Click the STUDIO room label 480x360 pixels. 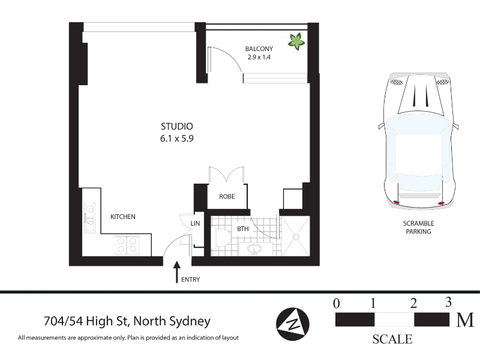pyautogui.click(x=177, y=126)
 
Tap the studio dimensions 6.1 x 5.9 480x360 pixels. pyautogui.click(x=177, y=139)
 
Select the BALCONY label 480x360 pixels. pyautogui.click(x=259, y=49)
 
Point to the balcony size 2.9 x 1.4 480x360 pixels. pyautogui.click(x=259, y=57)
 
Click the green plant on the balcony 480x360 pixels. pyautogui.click(x=296, y=41)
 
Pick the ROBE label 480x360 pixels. pyautogui.click(x=227, y=197)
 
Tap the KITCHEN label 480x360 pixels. pyautogui.click(x=123, y=217)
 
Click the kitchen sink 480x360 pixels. pyautogui.click(x=89, y=218)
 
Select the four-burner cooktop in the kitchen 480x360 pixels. pyautogui.click(x=127, y=245)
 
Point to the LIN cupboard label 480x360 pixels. pyautogui.click(x=195, y=223)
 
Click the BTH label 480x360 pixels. pyautogui.click(x=243, y=229)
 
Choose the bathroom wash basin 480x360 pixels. pyautogui.click(x=254, y=249)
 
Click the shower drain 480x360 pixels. pyautogui.click(x=296, y=237)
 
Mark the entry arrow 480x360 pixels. pyautogui.click(x=176, y=272)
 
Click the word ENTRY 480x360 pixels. pyautogui.click(x=190, y=280)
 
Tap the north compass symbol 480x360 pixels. pyautogui.click(x=293, y=324)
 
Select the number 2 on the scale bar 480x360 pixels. pyautogui.click(x=413, y=304)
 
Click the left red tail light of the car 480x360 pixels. pyautogui.click(x=396, y=202)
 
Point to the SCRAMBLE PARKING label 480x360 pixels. pyautogui.click(x=418, y=227)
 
